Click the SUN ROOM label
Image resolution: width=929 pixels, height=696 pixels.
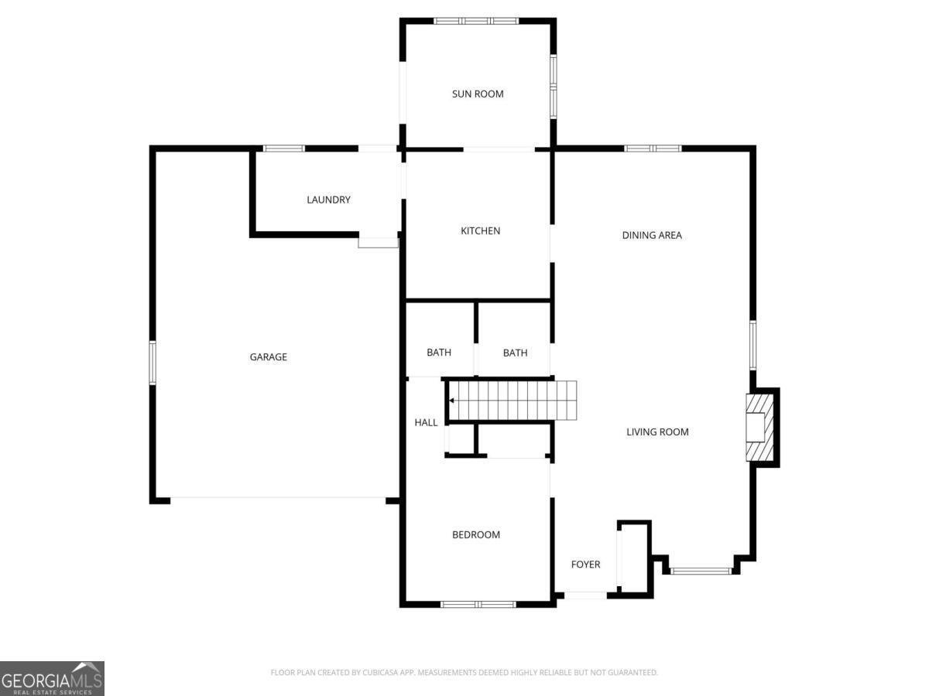[478, 94]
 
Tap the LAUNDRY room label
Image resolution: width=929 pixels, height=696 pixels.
[328, 200]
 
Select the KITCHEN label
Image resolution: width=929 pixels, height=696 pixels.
[480, 231]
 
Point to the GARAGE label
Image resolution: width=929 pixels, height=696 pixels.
[269, 357]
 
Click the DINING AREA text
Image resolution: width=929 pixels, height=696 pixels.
[652, 236]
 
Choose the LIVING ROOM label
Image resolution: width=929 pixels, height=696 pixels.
[657, 432]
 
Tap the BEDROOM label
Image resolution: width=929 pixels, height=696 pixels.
[476, 535]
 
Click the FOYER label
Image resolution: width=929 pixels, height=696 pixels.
[585, 565]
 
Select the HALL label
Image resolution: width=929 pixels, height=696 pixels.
[426, 423]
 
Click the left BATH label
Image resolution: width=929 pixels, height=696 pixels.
[439, 353]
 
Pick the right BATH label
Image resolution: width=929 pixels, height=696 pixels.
[515, 353]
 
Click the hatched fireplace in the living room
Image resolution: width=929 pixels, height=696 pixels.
[756, 428]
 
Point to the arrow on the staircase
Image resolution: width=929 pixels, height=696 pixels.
[451, 401]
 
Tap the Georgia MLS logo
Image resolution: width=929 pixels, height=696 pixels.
[52, 678]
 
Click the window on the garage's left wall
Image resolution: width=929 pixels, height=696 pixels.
[153, 363]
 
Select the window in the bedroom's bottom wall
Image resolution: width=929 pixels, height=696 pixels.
[478, 604]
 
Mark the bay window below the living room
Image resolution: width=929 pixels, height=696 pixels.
[701, 571]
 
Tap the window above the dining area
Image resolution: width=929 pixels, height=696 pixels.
[653, 148]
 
